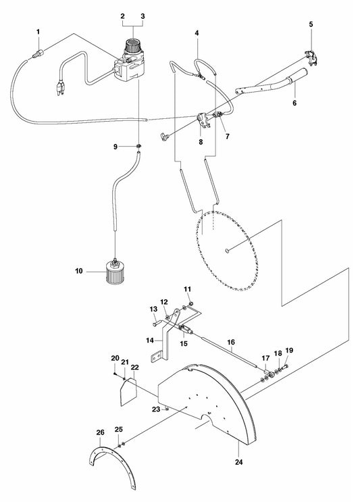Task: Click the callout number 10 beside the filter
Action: pyautogui.click(x=79, y=271)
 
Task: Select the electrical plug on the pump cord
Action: pyautogui.click(x=60, y=89)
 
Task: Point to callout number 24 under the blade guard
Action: pyautogui.click(x=239, y=462)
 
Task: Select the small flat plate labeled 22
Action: pyautogui.click(x=128, y=392)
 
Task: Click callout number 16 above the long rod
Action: pyautogui.click(x=231, y=343)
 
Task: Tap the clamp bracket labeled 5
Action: pyautogui.click(x=311, y=58)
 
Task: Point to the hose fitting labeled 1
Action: pyautogui.click(x=38, y=54)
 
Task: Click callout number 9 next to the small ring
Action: pyautogui.click(x=115, y=147)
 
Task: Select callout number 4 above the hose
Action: pyautogui.click(x=197, y=33)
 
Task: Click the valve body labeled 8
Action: pyautogui.click(x=203, y=120)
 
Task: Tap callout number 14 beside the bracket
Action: pyautogui.click(x=150, y=341)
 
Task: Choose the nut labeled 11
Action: pyautogui.click(x=191, y=303)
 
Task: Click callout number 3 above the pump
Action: pyautogui.click(x=143, y=16)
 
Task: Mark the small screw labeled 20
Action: pyautogui.click(x=115, y=374)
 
